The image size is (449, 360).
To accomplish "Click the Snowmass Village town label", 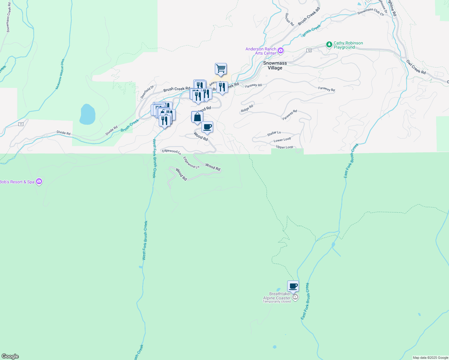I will coord(275,65).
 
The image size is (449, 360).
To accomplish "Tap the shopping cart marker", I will coord(221,69).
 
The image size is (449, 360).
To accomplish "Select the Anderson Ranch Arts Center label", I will coord(261,51).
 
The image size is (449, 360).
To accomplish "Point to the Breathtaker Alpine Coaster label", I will coord(277,296).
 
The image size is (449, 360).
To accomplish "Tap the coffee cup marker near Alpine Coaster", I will coord(293,286).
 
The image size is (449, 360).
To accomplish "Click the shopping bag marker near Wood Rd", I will coord(197,117).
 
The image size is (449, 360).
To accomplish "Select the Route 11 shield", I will coord(21,124).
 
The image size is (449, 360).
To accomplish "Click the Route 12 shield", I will coord(309,50).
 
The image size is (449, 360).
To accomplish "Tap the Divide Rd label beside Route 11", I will coord(64,133).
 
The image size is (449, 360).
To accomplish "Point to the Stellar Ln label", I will coord(274,133).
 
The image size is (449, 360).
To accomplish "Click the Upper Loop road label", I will coord(285,147).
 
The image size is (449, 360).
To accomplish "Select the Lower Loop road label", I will coord(282,140).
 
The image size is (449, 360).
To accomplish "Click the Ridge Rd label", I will coord(247,109).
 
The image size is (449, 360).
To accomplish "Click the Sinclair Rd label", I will coord(289,19).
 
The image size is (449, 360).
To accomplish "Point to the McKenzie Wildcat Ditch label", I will coord(60,74).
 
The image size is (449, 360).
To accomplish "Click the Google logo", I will coord(10,356).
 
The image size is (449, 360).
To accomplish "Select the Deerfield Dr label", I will coord(147,92).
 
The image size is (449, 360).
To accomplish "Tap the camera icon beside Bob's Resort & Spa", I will coord(39,181).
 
